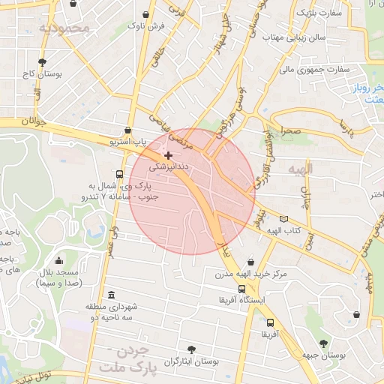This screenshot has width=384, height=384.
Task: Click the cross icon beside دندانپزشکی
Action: (168, 154)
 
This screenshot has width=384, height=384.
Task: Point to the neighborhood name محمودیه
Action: (64, 28)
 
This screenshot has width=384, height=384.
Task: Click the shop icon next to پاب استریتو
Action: (129, 129)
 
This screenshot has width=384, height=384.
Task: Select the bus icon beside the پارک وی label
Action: (121, 172)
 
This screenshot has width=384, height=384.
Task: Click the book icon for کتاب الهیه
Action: (283, 219)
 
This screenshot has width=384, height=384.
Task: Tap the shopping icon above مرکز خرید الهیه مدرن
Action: (250, 262)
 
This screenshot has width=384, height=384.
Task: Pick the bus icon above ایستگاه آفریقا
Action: (241, 289)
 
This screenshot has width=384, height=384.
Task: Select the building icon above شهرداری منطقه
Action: (112, 294)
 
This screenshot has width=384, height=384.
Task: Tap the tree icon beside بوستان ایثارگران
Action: (193, 349)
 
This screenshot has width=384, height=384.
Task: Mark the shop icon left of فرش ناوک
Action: (145, 14)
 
